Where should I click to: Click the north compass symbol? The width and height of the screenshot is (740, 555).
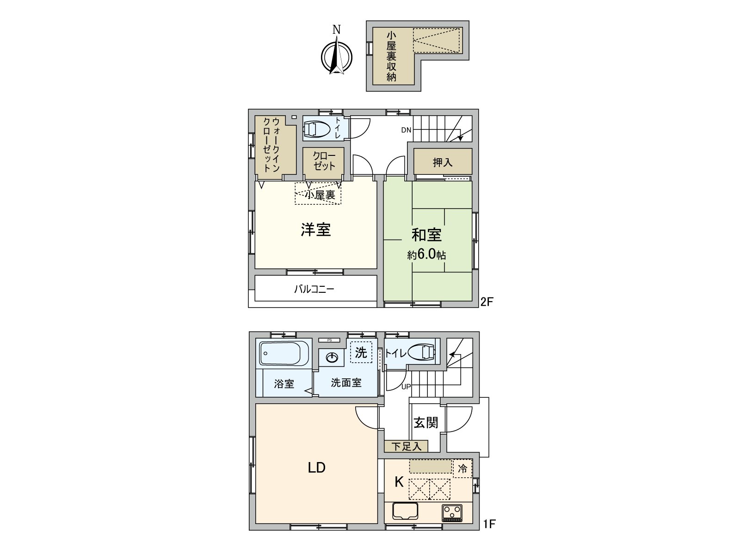coord(337,57)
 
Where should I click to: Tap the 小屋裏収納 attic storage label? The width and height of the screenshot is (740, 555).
coord(391,56)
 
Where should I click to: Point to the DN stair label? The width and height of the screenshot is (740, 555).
coord(406,130)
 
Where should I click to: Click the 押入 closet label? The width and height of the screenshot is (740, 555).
coord(442,162)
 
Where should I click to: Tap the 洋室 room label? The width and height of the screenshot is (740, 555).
coord(316,230)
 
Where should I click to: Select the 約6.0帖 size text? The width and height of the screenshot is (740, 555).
coord(426,255)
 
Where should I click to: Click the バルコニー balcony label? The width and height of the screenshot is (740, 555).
coord(314,290)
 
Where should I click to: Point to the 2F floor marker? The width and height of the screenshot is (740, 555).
coord(487,302)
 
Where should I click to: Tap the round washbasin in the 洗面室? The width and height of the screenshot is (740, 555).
coord(332,357)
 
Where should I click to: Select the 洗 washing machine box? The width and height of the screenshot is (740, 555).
coord(361,353)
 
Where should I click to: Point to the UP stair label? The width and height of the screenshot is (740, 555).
coord(406,387)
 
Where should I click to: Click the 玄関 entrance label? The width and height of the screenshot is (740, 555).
coord(425,422)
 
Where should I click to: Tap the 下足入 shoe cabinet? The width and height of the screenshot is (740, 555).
coord(406,446)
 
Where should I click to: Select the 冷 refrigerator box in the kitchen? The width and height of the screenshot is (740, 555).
coord(462,469)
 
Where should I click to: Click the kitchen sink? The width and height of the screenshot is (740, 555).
coord(405,511)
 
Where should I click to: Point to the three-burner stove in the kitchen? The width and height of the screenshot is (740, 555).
coord(452,512)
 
